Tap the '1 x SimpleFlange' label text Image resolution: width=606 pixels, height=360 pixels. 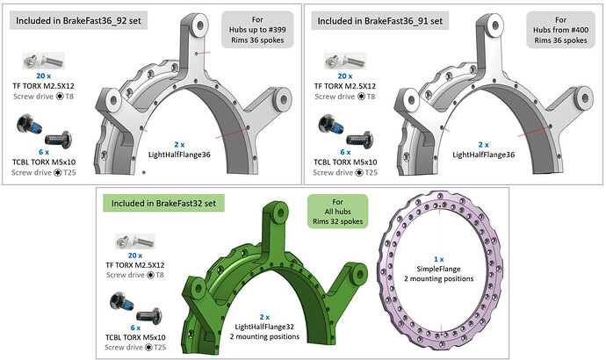click(x=437, y=270)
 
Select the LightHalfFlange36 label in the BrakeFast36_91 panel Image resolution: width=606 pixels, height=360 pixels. click(x=484, y=149)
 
